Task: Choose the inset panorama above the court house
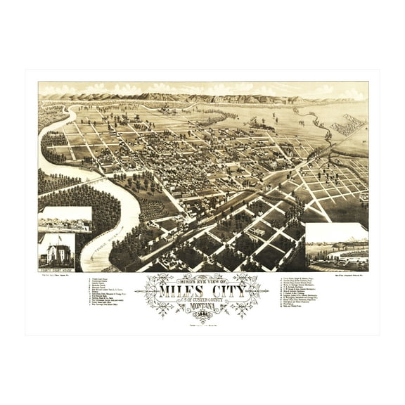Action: pos(65,219)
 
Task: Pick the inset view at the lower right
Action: pos(337,247)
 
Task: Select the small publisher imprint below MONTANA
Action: pos(204,321)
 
